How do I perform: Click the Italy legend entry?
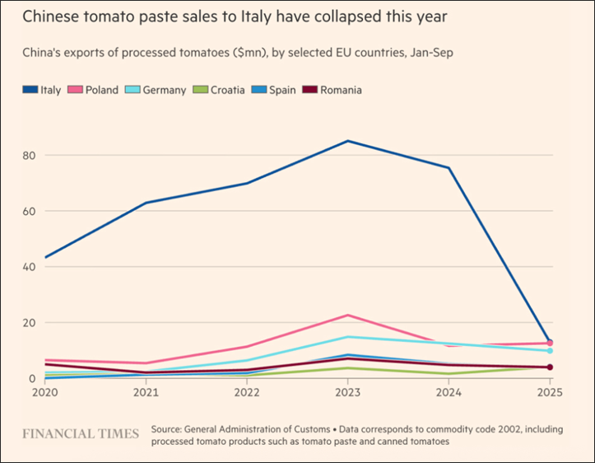click(41, 90)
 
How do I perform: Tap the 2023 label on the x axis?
click(348, 392)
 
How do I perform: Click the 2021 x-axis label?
click(146, 392)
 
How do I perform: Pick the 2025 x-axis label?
click(549, 392)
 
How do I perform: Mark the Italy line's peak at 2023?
click(348, 141)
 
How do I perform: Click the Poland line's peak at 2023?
click(348, 316)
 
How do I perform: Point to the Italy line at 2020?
click(45, 257)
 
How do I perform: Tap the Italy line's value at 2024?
click(449, 168)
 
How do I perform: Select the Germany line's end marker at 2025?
click(550, 351)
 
